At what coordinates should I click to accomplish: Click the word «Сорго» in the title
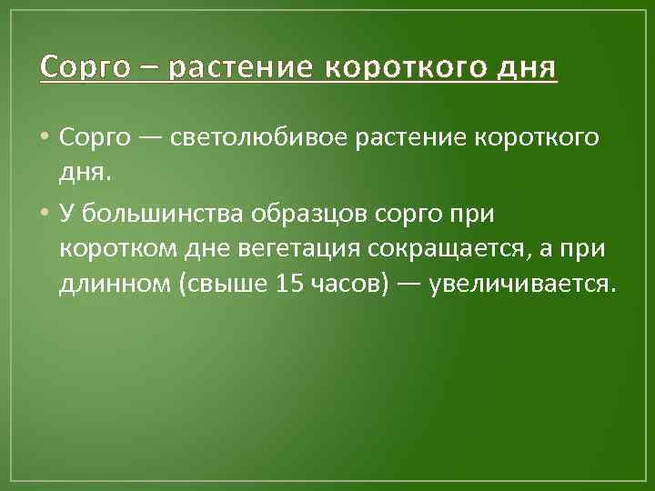click(85, 69)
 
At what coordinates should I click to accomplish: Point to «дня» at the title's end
click(526, 69)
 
